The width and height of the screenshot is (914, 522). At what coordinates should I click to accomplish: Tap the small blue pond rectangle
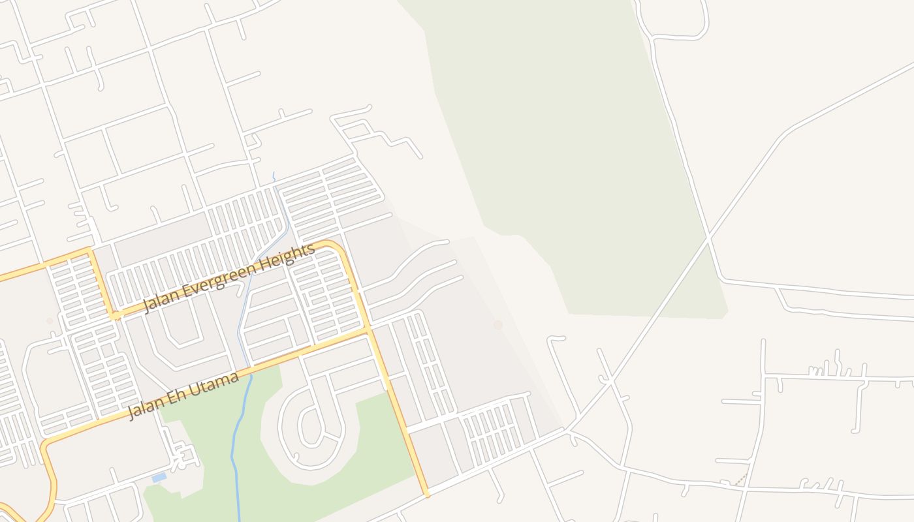tap(159, 478)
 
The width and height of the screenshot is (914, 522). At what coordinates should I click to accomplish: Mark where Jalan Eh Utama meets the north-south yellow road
tap(370, 330)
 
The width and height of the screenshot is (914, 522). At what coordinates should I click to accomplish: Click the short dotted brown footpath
tap(740, 480)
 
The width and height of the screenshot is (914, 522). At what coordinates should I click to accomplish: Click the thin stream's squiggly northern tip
tap(274, 176)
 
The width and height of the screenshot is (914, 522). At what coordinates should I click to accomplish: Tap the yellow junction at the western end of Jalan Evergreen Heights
tap(116, 316)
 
